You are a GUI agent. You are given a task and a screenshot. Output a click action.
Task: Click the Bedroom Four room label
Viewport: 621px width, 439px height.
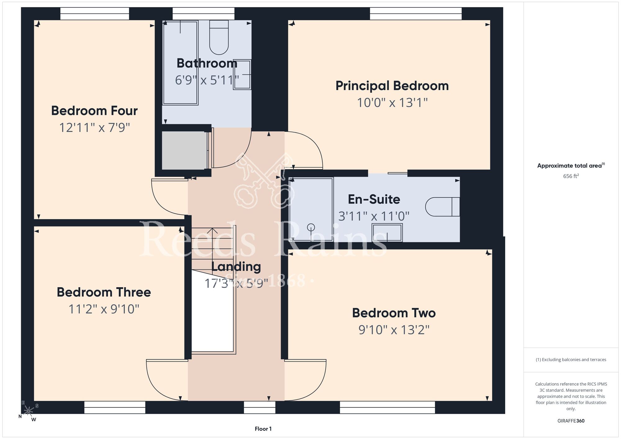click(94, 111)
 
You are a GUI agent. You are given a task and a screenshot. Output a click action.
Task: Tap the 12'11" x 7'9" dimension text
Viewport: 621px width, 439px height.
click(94, 128)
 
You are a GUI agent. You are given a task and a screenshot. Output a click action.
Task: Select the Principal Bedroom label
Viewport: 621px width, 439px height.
click(392, 86)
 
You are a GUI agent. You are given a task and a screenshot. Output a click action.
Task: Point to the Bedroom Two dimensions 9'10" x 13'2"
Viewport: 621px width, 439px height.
click(394, 330)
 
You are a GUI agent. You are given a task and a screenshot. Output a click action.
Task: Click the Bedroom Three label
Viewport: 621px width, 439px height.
click(104, 292)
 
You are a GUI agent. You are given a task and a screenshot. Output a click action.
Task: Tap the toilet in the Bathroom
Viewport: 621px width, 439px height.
click(219, 37)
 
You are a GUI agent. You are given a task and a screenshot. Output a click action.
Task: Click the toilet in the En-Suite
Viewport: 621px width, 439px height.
click(442, 206)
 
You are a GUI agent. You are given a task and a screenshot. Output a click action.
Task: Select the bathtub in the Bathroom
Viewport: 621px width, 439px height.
click(180, 63)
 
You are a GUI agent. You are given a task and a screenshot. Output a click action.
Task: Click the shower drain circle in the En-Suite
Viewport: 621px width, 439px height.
click(311, 228)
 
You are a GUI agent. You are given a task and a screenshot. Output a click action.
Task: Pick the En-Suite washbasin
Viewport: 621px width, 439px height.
click(387, 232)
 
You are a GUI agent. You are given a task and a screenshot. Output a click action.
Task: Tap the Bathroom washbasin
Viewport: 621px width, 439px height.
click(242, 75)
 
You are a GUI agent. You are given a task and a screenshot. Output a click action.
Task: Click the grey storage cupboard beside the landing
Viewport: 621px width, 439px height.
click(184, 151)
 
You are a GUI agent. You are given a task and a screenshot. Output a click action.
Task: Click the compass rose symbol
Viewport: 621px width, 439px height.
click(28, 411)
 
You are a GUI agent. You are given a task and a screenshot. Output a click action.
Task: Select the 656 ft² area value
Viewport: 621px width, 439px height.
click(571, 176)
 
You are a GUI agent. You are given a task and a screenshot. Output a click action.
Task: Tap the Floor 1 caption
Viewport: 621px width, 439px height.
click(263, 429)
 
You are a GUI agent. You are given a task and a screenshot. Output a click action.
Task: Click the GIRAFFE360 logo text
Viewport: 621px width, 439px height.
click(571, 421)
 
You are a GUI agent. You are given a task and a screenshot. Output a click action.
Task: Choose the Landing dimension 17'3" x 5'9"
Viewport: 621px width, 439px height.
click(236, 283)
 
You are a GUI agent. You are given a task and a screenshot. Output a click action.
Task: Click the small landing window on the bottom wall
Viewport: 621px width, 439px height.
click(260, 407)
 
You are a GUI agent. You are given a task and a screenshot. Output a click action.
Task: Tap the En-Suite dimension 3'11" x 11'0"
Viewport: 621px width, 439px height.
click(374, 216)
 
